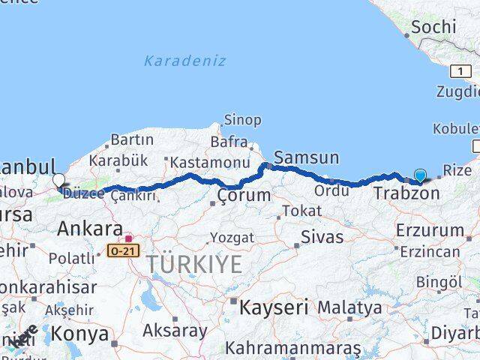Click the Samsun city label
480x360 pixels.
(x=306, y=157)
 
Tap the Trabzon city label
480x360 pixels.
(x=406, y=193)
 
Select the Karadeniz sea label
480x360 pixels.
(x=184, y=61)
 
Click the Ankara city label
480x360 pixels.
(x=89, y=228)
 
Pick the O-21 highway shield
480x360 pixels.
(x=122, y=250)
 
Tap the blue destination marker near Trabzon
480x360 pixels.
(x=420, y=176)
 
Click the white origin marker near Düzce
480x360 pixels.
(x=58, y=180)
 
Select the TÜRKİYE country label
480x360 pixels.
(x=194, y=264)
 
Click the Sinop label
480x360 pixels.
(x=243, y=120)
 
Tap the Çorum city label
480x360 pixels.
(x=244, y=195)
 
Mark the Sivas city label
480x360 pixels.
(x=322, y=237)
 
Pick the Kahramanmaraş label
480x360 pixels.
(x=292, y=348)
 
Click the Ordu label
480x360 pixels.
(x=331, y=190)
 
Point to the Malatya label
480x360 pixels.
(x=349, y=307)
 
